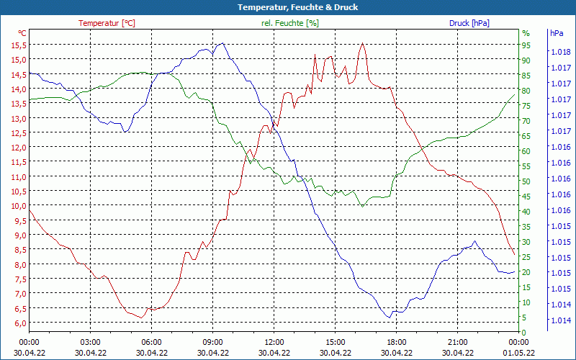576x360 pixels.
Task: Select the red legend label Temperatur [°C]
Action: [107, 23]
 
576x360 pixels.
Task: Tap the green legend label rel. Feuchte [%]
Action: [290, 23]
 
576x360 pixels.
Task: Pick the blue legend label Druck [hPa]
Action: [469, 23]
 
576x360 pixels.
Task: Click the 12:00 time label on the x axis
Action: [274, 342]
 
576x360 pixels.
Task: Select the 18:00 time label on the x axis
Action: [396, 342]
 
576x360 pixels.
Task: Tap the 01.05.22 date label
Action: [518, 353]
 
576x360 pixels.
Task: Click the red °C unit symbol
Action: [22, 33]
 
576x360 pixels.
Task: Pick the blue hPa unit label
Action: [556, 33]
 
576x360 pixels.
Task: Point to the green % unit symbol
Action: [526, 33]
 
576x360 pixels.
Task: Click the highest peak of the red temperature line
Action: [362, 44]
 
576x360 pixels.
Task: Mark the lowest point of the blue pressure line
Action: [390, 318]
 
